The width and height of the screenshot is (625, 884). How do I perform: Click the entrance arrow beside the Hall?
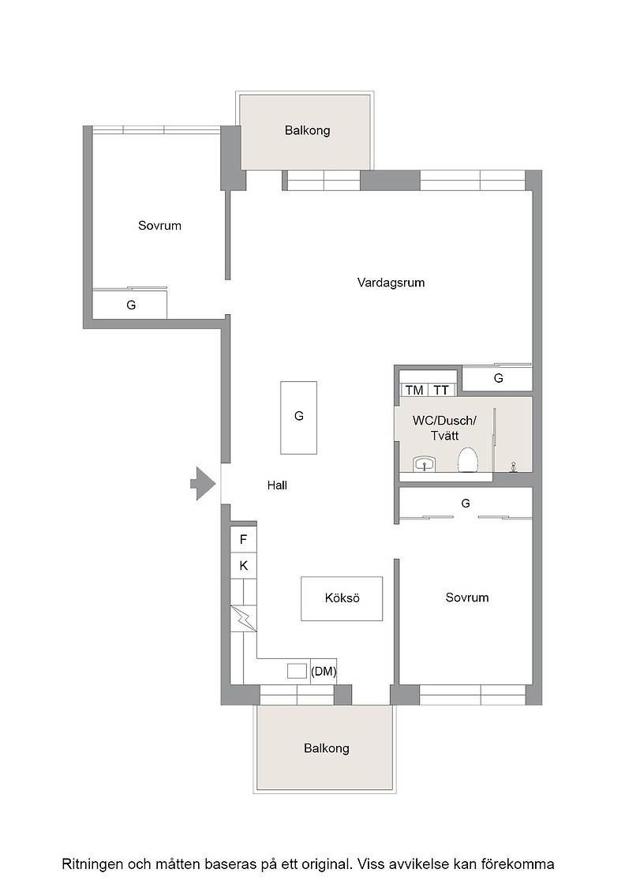(x=204, y=484)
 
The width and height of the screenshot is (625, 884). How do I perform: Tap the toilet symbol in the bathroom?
(x=468, y=460)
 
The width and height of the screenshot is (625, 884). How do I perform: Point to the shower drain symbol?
(x=514, y=466)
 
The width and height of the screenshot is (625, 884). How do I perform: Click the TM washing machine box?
(x=414, y=390)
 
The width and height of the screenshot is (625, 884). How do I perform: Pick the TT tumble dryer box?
(x=441, y=390)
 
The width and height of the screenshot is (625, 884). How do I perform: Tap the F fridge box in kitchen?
(x=244, y=540)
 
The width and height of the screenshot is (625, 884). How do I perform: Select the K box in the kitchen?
(x=244, y=565)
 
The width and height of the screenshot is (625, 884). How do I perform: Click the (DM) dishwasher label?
(x=324, y=672)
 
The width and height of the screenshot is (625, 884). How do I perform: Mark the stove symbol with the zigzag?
(x=244, y=619)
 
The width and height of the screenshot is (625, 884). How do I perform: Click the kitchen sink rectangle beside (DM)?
(x=297, y=671)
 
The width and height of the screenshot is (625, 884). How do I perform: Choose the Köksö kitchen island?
(x=342, y=598)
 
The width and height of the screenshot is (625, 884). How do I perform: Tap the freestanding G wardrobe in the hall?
(x=299, y=418)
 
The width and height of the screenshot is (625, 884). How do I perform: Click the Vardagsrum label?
(x=391, y=283)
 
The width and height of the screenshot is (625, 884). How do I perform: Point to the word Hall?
(x=277, y=485)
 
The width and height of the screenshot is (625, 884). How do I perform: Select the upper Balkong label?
(x=307, y=131)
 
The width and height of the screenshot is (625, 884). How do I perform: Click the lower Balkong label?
(x=326, y=748)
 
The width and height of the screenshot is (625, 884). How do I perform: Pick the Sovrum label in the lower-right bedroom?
(x=466, y=597)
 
